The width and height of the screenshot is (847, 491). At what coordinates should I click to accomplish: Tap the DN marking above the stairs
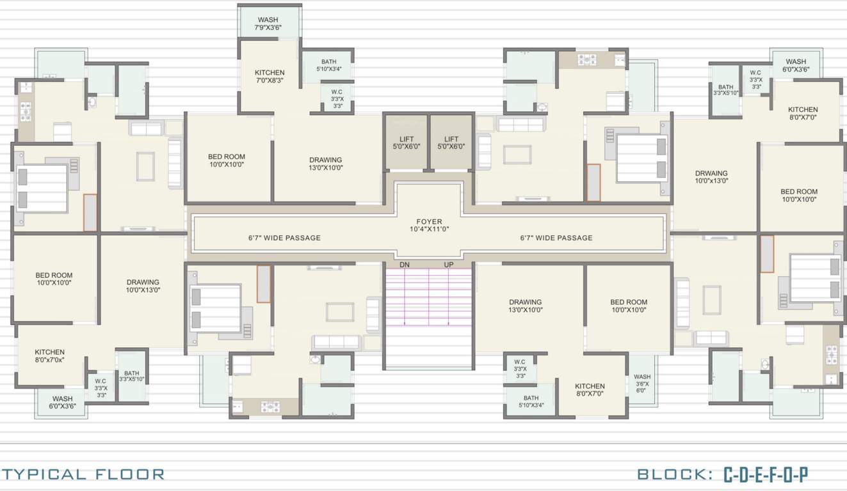(405, 265)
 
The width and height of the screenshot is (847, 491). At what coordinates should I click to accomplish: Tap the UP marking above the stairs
(449, 265)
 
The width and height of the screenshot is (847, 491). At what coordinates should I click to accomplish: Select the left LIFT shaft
(406, 143)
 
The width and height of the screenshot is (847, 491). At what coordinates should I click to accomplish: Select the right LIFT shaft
(451, 143)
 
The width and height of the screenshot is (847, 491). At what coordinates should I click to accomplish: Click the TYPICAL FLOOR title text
(83, 474)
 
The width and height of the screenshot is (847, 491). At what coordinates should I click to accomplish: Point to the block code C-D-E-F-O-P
(766, 475)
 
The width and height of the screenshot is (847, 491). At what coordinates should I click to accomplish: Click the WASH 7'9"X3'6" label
(268, 24)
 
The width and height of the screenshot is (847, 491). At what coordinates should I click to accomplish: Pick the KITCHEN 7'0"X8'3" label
(269, 77)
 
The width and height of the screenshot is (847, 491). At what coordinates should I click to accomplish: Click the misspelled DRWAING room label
(711, 177)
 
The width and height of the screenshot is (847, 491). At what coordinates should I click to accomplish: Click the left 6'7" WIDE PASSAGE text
(284, 238)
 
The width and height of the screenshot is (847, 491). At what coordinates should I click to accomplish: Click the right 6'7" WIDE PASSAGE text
(556, 238)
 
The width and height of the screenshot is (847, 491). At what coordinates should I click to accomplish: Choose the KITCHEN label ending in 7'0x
(49, 356)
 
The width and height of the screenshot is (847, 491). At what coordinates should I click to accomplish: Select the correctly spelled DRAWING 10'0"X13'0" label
(143, 286)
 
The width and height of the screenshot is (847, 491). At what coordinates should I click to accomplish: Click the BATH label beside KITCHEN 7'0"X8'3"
(328, 65)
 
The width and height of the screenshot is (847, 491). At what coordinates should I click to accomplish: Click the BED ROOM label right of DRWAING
(798, 195)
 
